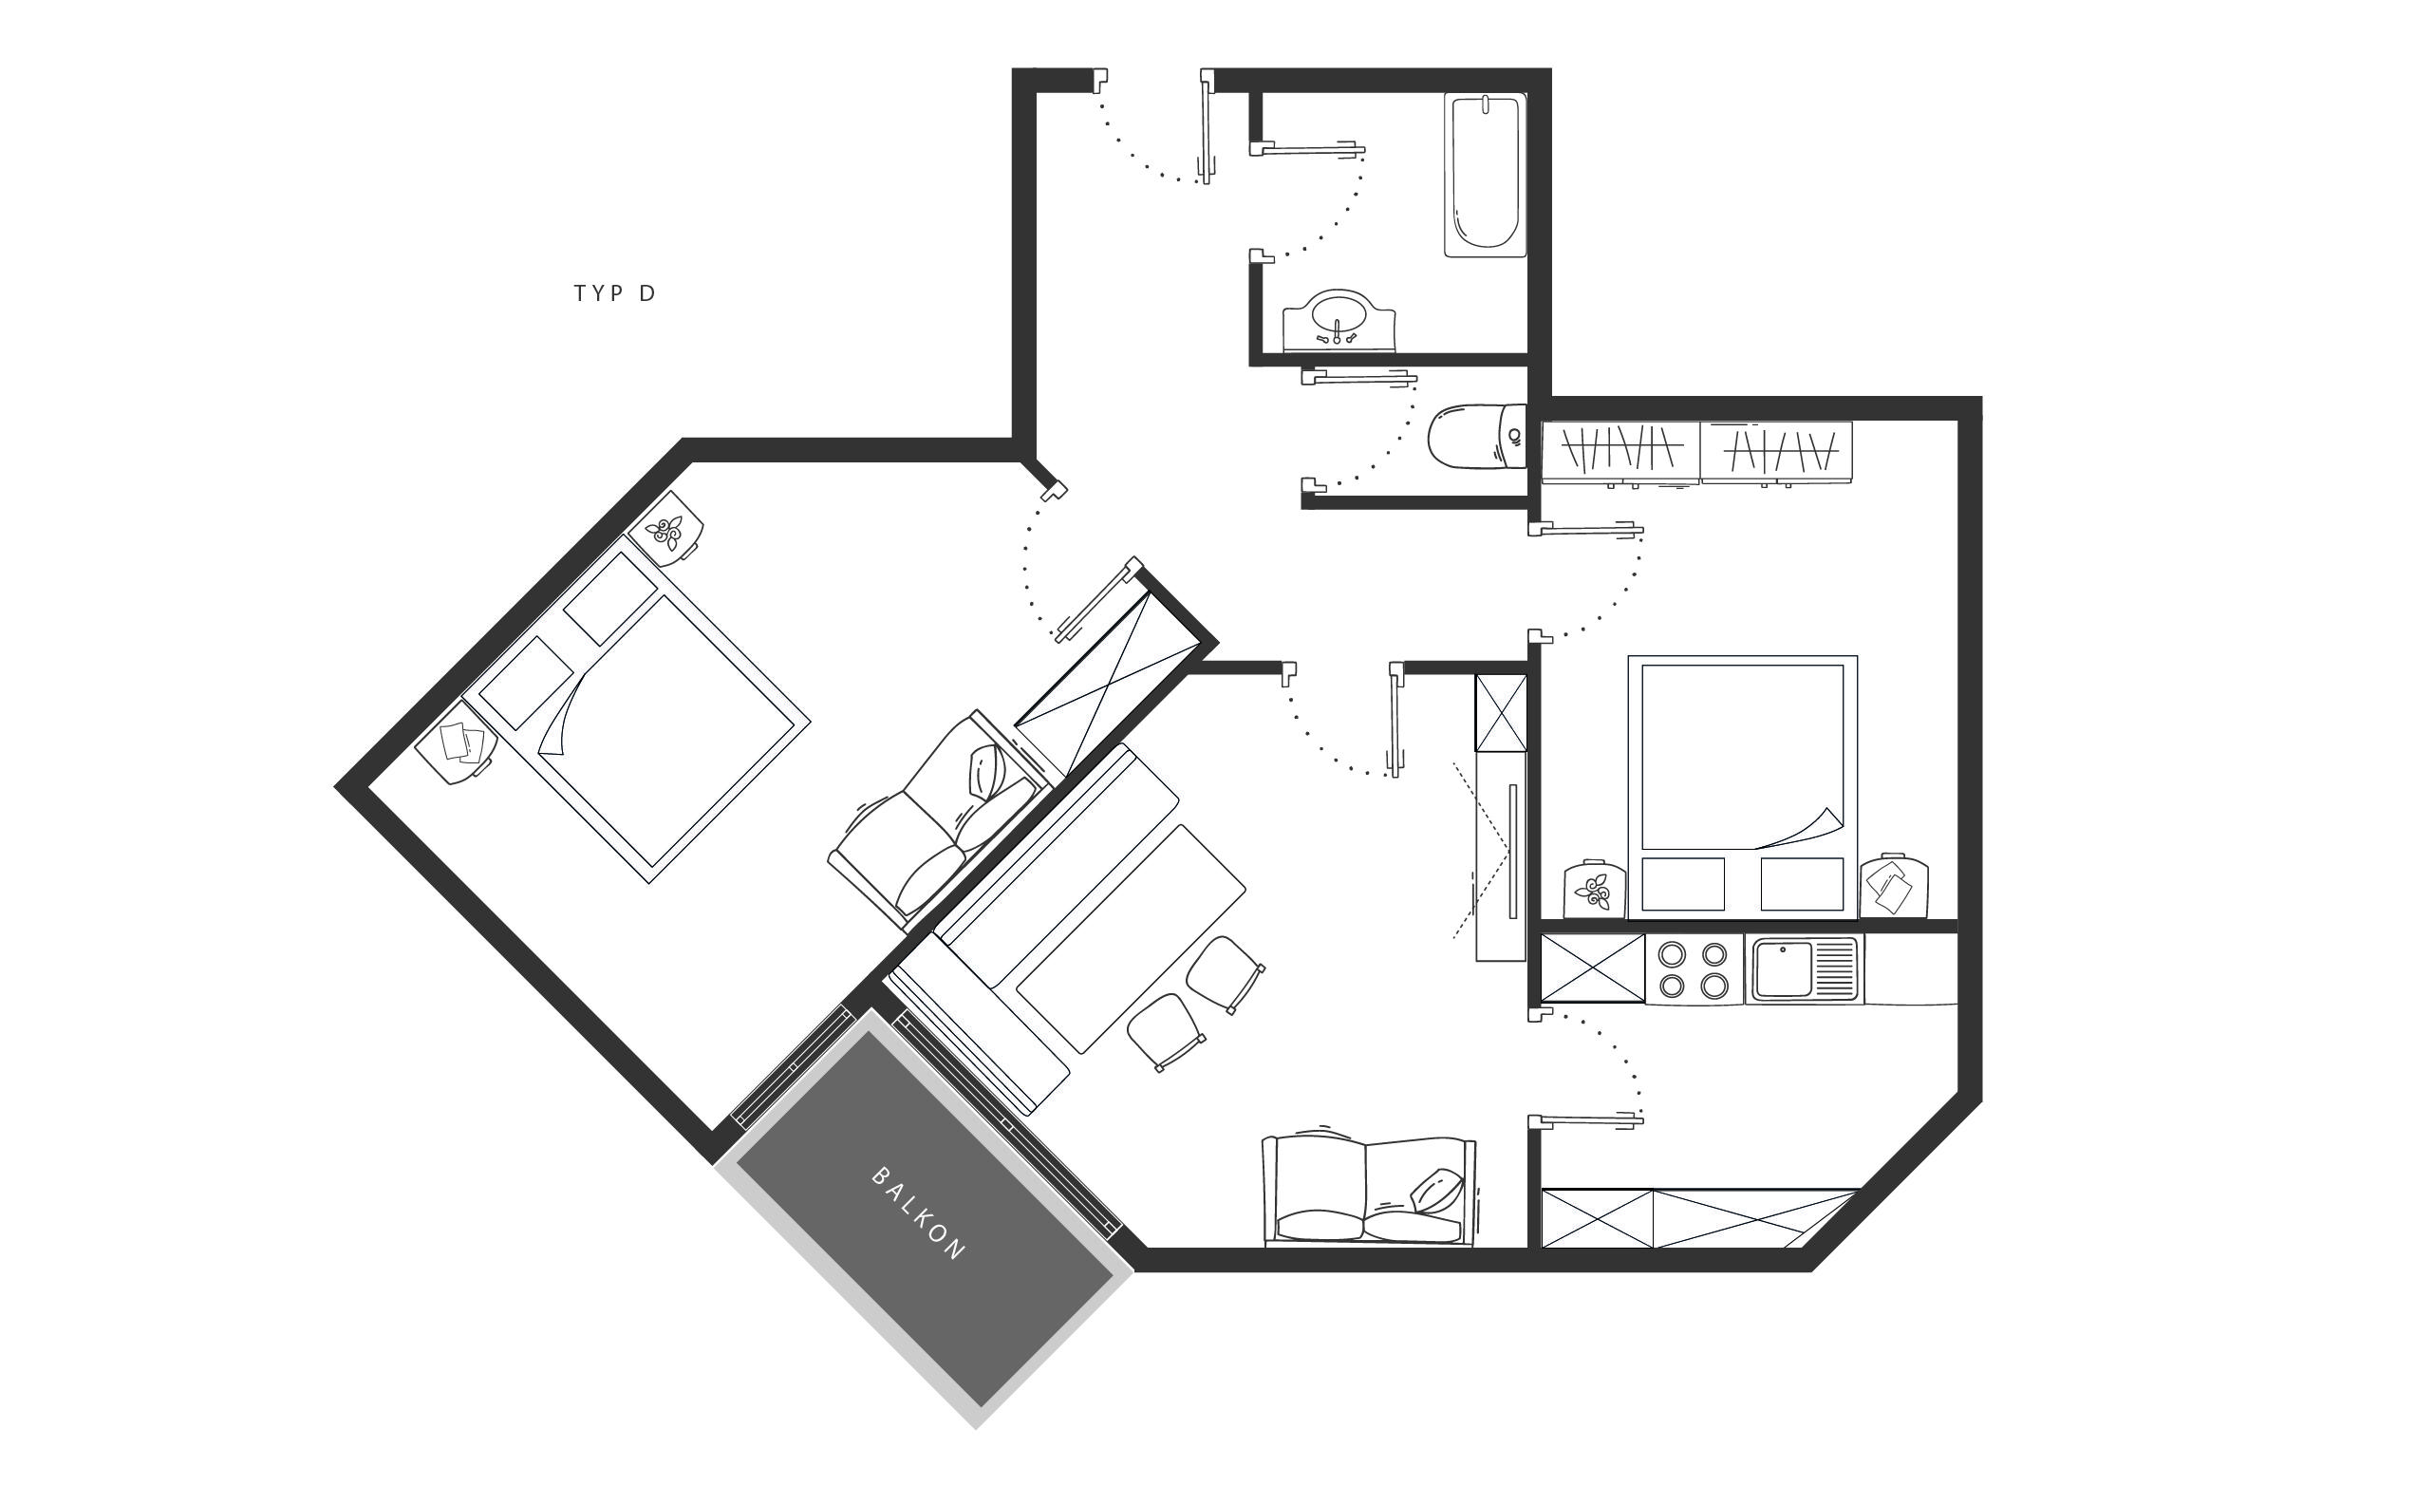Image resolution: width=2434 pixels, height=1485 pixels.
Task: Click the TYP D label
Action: (x=614, y=293)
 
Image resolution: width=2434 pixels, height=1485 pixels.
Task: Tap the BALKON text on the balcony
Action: (x=918, y=1214)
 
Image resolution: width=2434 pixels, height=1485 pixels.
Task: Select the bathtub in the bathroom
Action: (x=1486, y=175)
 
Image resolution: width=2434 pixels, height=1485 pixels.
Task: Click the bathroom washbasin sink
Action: (x=1339, y=321)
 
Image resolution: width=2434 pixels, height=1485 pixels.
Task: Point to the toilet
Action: (x=1478, y=436)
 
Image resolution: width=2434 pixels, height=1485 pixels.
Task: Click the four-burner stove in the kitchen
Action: (x=1694, y=969)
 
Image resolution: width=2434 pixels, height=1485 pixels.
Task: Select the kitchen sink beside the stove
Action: (x=1806, y=969)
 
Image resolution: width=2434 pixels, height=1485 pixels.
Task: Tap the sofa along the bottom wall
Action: (x=1369, y=1190)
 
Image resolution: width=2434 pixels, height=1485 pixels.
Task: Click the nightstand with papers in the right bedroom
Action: (x=1894, y=886)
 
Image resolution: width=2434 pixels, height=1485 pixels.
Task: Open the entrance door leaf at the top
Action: (x=1206, y=126)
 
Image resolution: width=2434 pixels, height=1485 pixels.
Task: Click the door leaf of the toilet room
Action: (x=1359, y=376)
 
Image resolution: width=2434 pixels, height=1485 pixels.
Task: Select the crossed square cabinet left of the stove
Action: (x=1593, y=969)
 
